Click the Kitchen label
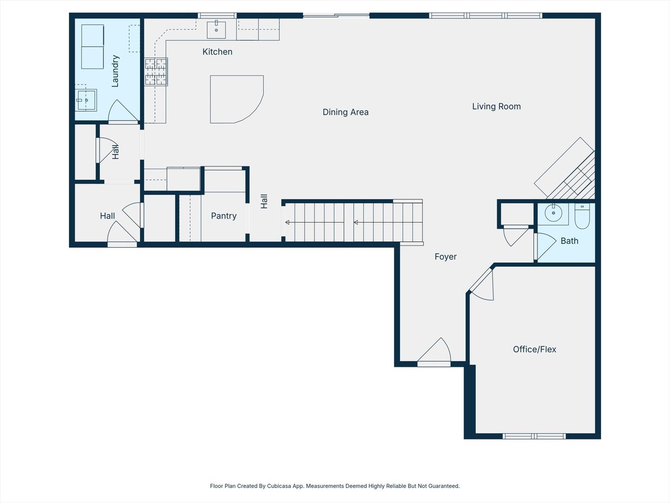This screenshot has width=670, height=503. [x=217, y=52]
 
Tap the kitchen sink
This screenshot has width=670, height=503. [x=216, y=30]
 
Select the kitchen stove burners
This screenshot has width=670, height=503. [x=156, y=72]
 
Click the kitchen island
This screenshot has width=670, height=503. [x=236, y=99]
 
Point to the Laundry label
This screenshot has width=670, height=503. [x=115, y=71]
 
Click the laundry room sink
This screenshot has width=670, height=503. [x=87, y=100]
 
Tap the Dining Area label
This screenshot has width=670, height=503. [x=346, y=112]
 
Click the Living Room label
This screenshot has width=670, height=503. [x=496, y=106]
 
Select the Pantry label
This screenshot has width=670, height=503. [x=224, y=216]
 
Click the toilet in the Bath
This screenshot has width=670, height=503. [x=582, y=216]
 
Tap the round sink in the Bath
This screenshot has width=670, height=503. [x=553, y=213]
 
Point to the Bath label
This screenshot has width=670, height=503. [x=569, y=241]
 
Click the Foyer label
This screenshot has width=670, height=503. [x=446, y=257]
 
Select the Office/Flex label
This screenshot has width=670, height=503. [x=535, y=349]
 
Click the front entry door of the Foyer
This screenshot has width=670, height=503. [x=434, y=351]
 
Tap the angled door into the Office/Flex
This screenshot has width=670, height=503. [x=482, y=284]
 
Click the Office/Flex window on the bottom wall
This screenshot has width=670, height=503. [x=534, y=436]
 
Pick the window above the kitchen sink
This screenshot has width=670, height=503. [x=217, y=15]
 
